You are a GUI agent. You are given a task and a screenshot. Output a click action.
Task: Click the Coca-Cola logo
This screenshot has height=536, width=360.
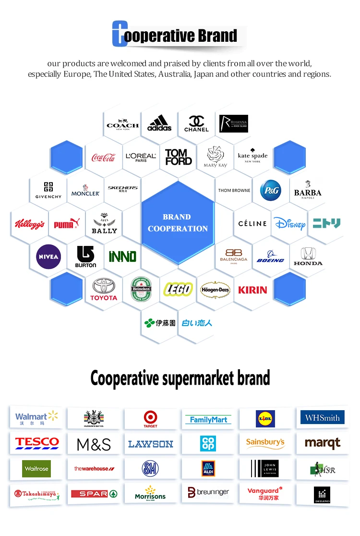coord(104,157)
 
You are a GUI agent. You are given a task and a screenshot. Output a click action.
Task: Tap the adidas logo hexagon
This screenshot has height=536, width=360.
coord(159,123)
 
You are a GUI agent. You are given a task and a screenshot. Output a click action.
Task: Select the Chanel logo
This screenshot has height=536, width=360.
coord(196,123)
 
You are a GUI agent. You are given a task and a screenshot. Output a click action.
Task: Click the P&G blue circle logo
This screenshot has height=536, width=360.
coord(270,190)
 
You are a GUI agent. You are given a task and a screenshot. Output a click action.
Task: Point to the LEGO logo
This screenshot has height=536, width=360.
coord(178,289)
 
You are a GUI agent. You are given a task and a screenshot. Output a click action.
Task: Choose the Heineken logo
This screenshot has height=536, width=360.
coord(141,289)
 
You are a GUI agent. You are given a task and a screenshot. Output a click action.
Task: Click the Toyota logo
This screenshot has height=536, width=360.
coord(104,289)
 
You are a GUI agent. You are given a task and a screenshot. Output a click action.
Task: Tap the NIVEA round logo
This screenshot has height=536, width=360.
coord(48,256)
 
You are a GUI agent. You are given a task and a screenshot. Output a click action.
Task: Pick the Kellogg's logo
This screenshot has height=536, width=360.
coord(30,224)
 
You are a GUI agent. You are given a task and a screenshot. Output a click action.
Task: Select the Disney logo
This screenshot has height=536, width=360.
coord(289,223)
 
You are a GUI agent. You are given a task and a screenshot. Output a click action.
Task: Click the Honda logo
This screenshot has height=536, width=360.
coord(308,256)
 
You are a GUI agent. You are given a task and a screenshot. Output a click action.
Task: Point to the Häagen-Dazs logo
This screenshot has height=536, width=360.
coord(215,290)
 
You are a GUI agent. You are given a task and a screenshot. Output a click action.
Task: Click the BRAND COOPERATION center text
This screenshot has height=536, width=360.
coord(178,223)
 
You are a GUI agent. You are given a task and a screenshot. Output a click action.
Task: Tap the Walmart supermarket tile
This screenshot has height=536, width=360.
coord(36,418)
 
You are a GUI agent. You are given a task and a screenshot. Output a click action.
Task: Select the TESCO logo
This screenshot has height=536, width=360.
coord(36,443)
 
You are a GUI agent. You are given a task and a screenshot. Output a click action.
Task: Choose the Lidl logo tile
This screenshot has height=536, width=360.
coord(265,418)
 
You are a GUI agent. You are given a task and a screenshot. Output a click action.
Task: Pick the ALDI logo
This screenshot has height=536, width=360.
coord(208,468)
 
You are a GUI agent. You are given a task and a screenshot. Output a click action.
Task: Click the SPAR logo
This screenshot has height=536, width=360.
coord(94,493)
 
